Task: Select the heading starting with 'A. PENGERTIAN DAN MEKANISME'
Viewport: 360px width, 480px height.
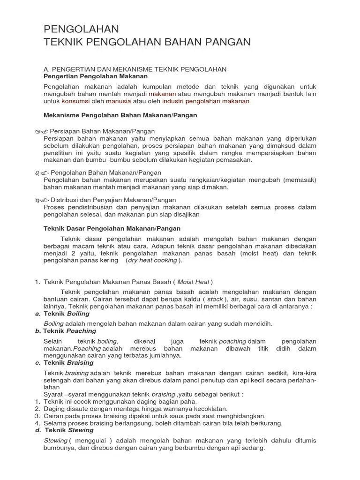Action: click(x=135, y=69)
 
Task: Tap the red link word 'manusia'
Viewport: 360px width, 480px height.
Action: click(x=118, y=101)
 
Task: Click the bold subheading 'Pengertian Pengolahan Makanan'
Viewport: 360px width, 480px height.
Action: click(x=96, y=76)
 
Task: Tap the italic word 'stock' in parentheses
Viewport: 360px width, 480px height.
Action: click(x=215, y=299)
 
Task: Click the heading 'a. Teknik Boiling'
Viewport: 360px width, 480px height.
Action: click(x=63, y=314)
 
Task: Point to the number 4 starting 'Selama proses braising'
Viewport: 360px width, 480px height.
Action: click(x=37, y=423)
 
